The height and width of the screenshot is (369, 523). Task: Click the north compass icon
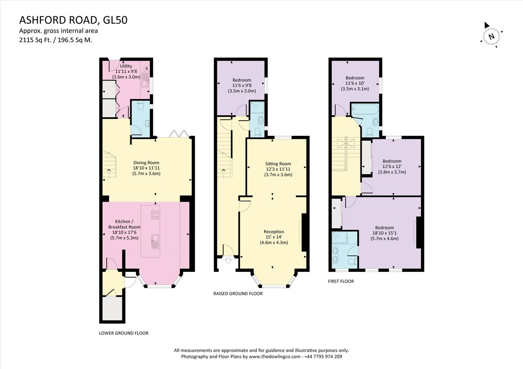492,35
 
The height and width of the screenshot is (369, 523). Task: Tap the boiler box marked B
146,69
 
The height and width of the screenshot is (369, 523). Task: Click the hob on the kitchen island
155,215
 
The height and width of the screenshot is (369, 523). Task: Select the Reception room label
274,237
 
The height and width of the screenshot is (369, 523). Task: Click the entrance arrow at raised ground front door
228,262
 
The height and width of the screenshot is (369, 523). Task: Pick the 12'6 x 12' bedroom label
394,166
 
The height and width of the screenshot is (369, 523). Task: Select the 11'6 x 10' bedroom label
355,83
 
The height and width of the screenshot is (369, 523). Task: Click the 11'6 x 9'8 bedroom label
241,85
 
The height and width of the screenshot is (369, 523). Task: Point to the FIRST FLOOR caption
341,281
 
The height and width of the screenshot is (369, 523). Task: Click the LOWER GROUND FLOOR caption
124,333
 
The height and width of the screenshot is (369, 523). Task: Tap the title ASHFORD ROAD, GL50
73,20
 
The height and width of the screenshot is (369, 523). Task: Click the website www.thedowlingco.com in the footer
275,356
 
